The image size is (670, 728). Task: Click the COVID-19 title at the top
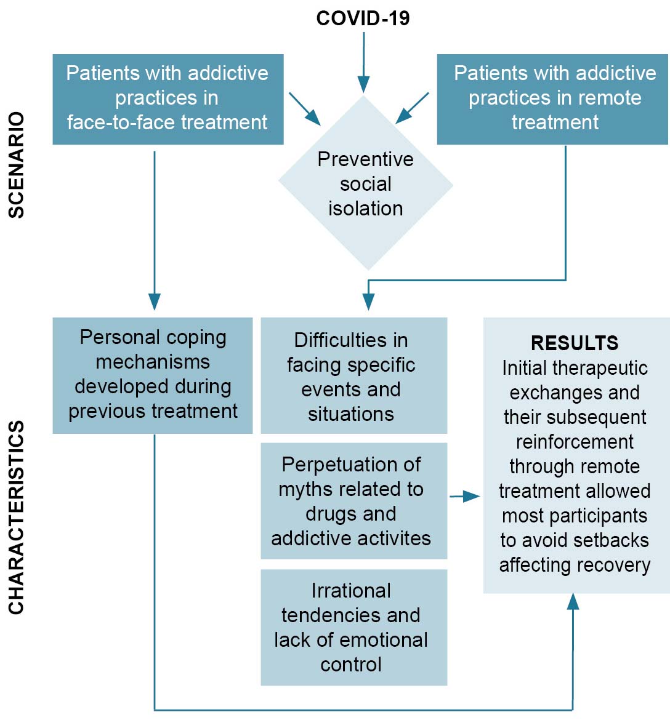pos(363,18)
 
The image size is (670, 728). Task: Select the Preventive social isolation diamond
pos(366,183)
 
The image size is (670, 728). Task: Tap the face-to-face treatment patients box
pos(167,98)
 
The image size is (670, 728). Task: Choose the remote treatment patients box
pos(552,98)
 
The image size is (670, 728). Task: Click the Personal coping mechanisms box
pos(153,375)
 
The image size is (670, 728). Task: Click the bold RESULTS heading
pos(575,343)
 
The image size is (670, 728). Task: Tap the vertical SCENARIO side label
pos(17,165)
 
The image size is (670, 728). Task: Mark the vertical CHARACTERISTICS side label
pos(17,517)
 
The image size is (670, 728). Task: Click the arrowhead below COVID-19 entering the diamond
pos(364,85)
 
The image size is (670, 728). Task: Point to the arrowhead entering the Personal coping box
pos(155,302)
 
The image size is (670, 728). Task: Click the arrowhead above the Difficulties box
pos(368,302)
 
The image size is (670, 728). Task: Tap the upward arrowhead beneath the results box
pos(573,601)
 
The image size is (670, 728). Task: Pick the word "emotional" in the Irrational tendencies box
pos(385,639)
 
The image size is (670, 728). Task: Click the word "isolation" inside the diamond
pos(365,208)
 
